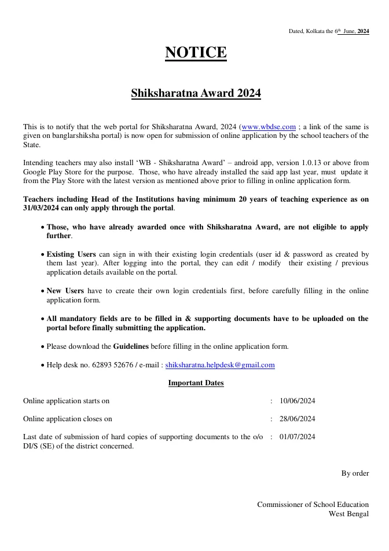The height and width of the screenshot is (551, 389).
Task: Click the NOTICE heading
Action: [196, 53]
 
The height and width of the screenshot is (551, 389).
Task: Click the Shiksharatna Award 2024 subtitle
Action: [196, 93]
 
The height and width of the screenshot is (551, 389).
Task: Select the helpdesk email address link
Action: [220, 365]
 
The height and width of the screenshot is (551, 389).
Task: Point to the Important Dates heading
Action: [196, 383]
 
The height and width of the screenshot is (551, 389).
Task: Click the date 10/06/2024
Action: [297, 401]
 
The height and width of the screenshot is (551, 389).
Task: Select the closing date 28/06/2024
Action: [297, 419]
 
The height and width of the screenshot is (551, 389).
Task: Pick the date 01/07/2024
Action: [297, 437]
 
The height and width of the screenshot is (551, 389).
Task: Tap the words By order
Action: [355, 473]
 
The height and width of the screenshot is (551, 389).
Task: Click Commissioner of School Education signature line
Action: [313, 505]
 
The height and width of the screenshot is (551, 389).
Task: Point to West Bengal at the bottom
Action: [348, 514]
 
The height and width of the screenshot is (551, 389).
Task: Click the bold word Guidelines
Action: [131, 346]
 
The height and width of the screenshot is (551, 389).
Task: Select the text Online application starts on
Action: [66, 401]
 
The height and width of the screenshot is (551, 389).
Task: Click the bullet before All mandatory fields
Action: [42, 319]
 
